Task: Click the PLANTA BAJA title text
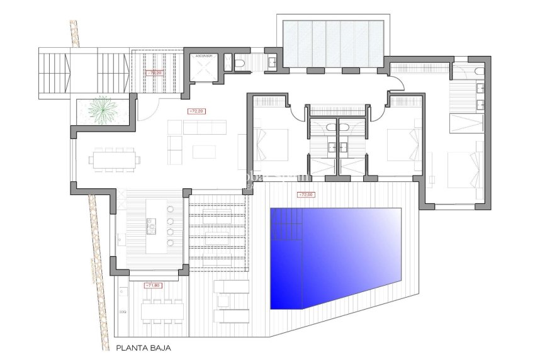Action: pos(143,346)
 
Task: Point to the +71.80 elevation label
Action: pos(154,285)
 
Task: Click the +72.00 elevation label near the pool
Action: pos(306,194)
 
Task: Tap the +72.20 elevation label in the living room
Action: pos(197,111)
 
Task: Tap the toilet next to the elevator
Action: pos(240,62)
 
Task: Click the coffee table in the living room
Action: pos(204,151)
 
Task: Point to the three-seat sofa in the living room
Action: pos(199,127)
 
